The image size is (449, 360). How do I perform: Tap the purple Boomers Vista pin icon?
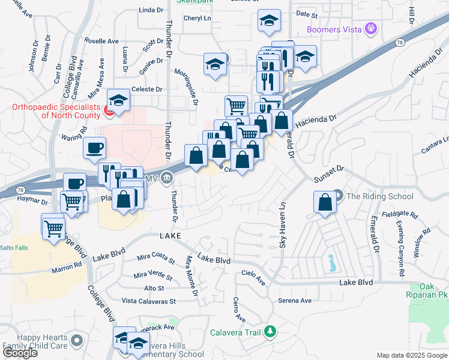coord(372,28)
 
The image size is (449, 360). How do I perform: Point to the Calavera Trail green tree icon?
coord(270,331)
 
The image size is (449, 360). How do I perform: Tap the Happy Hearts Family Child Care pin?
coord(76,342)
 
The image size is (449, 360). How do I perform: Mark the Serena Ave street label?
coord(295,301)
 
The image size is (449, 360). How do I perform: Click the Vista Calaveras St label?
coord(148,301)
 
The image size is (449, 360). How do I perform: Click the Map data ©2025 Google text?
coord(412,355)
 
